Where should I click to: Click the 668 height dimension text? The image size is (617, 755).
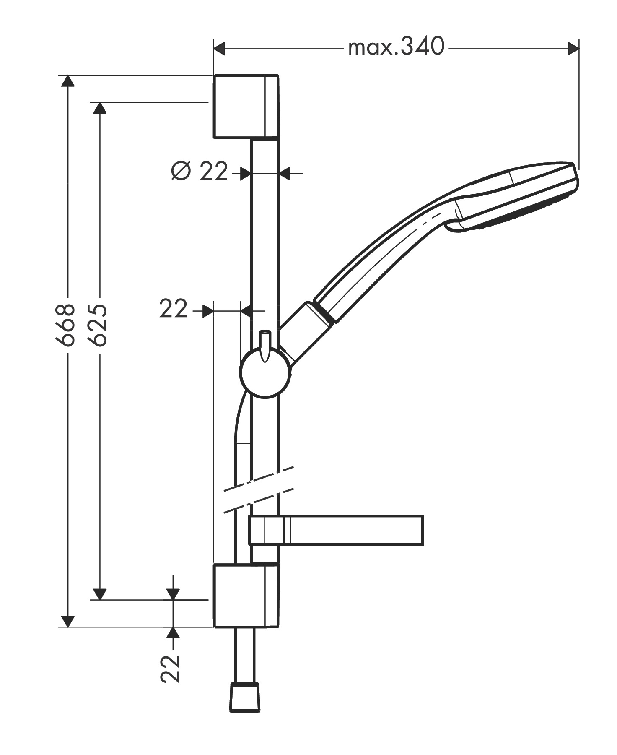(x=66, y=325)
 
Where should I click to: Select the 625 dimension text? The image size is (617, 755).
(x=98, y=325)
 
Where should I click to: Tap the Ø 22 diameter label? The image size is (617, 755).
(x=200, y=171)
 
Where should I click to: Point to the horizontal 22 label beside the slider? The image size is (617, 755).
(x=173, y=310)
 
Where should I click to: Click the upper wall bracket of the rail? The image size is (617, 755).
(x=246, y=107)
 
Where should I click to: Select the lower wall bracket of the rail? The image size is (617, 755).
(x=246, y=596)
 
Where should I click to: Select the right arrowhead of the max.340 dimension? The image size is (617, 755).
(x=573, y=49)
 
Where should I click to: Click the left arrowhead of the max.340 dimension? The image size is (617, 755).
(x=220, y=49)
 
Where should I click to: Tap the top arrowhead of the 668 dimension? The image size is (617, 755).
(x=67, y=81)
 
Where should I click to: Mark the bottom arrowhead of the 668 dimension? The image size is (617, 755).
(x=67, y=621)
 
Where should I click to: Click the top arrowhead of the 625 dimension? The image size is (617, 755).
(x=99, y=108)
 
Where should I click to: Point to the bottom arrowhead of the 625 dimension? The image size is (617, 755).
(x=99, y=594)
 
